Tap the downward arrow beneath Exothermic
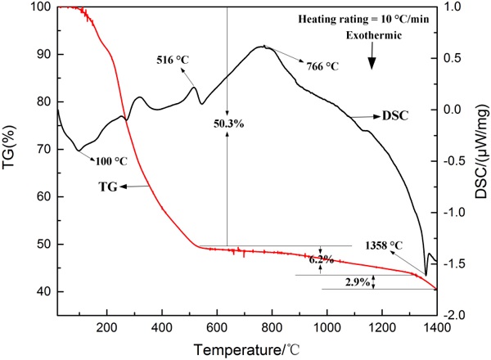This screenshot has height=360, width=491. point(372,57)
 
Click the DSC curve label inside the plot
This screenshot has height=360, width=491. point(394,115)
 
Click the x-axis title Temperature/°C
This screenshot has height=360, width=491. point(246,350)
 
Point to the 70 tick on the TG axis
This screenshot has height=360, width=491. point(40,150)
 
